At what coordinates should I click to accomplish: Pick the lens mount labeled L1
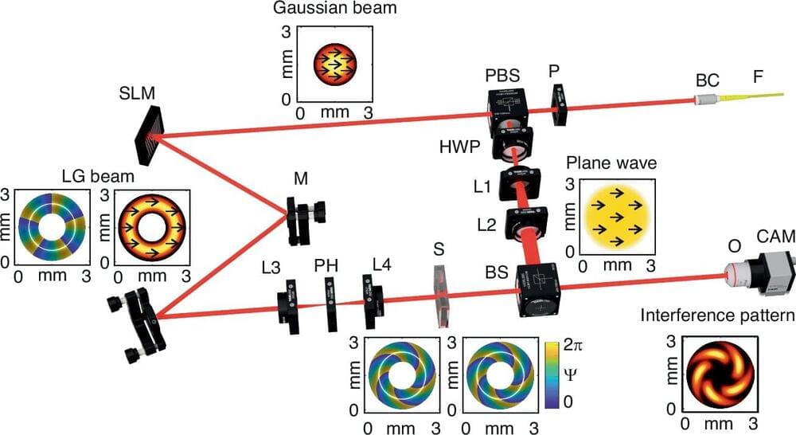519,184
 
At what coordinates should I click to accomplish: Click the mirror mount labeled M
303,222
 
